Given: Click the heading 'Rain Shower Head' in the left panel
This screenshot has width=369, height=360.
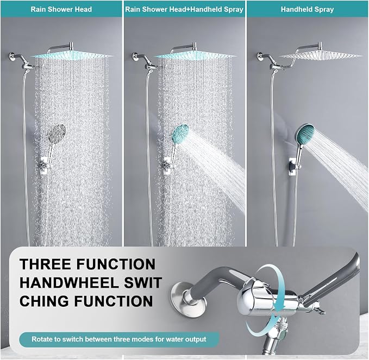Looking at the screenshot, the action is point(61,9).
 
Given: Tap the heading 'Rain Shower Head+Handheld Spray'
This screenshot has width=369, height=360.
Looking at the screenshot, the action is point(184,9).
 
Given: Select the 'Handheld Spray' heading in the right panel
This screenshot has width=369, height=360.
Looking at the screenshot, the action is point(307,9).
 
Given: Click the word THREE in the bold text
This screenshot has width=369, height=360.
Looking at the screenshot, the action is point(46,264).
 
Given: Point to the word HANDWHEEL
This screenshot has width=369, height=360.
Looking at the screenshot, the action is point(69,283).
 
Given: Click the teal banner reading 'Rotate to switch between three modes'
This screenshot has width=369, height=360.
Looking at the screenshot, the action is point(119,339).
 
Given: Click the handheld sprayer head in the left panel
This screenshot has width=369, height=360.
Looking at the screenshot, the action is point(57,132).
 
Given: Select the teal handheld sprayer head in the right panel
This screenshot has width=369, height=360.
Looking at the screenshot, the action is point(305,134).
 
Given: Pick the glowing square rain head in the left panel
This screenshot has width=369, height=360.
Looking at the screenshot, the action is point(72,56).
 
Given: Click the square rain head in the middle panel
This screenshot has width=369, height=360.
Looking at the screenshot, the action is point(195,56).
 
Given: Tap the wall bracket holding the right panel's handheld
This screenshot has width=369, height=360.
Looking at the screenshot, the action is point(293,167).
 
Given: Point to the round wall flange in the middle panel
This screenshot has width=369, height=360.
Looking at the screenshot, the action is point(135,56).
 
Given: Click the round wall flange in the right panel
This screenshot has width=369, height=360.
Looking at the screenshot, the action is point(260,56).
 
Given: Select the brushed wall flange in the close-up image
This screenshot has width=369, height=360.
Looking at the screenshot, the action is point(182,296).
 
